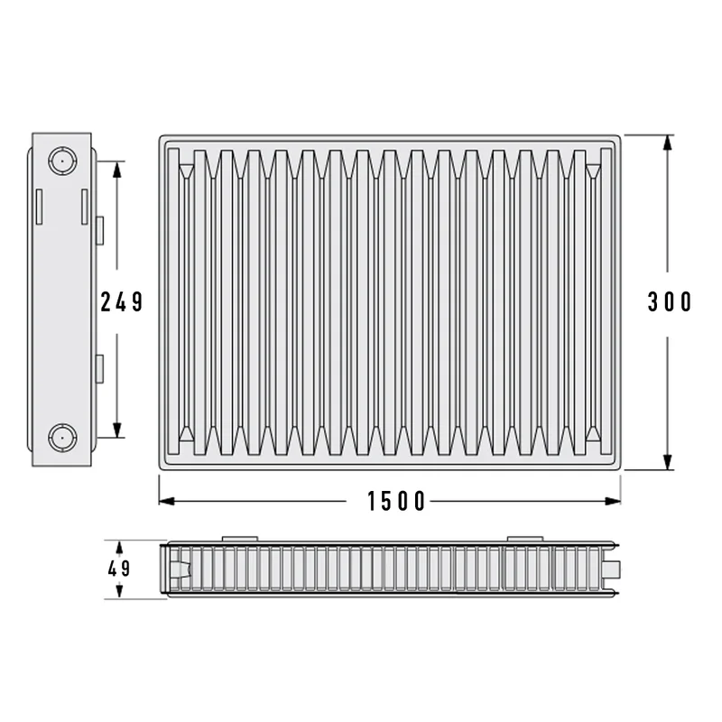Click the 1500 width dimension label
point(396,501)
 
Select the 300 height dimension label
point(670,302)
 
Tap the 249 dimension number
point(122,302)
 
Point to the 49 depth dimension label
point(119,569)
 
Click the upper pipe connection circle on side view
point(62,162)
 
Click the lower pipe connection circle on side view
point(62,438)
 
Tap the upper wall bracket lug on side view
point(99,230)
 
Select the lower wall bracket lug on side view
point(99,369)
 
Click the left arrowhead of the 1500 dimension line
point(166,501)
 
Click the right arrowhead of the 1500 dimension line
point(613,501)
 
